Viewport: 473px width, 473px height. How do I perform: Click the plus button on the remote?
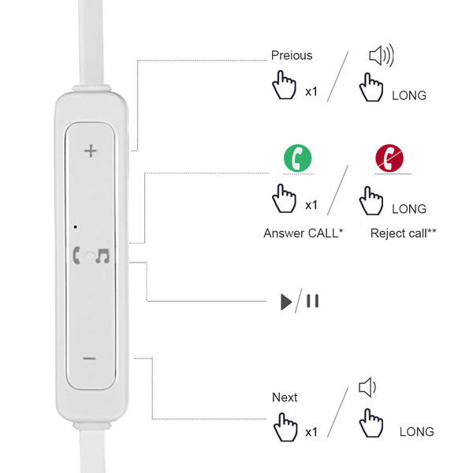click(91, 151)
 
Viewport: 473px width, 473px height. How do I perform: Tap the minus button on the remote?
click(90, 359)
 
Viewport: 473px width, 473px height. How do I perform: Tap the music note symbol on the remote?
click(102, 255)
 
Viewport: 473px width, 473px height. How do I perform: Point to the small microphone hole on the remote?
click(74, 227)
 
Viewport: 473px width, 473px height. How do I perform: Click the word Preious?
click(292, 55)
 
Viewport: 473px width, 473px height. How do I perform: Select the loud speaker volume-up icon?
click(382, 56)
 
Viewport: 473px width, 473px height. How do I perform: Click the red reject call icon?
click(389, 158)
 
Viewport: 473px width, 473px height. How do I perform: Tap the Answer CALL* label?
click(303, 233)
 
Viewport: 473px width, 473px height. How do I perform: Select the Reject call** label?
click(403, 233)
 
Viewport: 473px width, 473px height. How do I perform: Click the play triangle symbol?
click(285, 301)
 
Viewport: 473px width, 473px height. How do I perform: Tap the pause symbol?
click(313, 301)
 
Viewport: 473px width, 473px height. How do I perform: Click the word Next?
click(285, 397)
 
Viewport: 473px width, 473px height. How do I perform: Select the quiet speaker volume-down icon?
click(367, 387)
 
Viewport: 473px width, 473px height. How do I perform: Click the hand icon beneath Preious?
click(283, 86)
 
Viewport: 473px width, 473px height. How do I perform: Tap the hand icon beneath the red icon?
click(371, 201)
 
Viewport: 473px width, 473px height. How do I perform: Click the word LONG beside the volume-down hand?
click(416, 432)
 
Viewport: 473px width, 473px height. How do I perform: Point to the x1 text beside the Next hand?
click(311, 432)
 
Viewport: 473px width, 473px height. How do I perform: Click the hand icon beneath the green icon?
click(283, 199)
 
